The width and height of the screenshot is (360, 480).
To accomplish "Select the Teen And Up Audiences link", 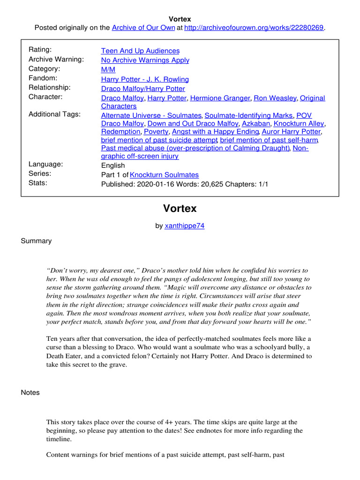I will (140, 51).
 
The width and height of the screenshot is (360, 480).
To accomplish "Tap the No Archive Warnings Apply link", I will (145, 60).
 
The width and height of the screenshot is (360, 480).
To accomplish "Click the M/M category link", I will (108, 69).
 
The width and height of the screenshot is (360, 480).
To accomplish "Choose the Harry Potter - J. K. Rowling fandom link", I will (145, 79).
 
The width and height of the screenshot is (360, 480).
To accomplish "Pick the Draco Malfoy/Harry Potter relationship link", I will (143, 89).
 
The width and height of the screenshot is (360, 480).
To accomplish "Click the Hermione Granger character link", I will (219, 98).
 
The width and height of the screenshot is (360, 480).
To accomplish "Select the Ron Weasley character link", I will (274, 98).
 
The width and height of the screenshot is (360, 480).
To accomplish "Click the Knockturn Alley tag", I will (299, 124).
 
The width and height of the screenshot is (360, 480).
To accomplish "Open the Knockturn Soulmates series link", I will (164, 175).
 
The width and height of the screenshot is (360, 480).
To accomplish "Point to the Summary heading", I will (36, 241).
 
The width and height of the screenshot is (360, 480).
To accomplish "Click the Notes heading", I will (30, 392).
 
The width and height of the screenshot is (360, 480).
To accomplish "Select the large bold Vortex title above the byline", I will (180, 208).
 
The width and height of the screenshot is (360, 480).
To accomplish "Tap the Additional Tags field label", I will (54, 114).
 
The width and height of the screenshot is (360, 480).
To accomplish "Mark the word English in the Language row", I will (113, 165).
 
